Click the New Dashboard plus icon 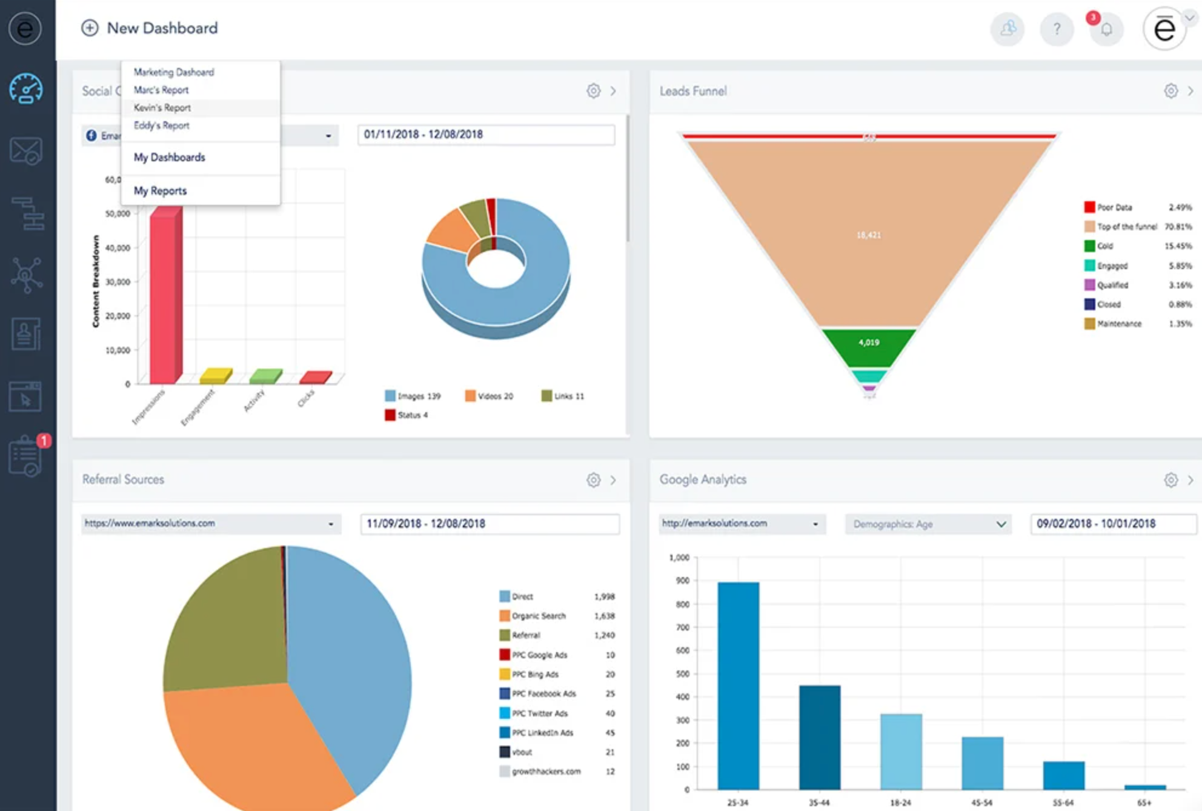[90, 28]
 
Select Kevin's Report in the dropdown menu [162, 108]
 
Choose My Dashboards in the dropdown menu [169, 158]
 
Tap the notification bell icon [1106, 29]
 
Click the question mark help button [1057, 29]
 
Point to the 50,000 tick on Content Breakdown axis [118, 214]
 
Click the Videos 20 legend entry [489, 396]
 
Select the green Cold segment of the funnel [869, 345]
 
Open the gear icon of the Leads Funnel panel [1170, 91]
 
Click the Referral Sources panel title [123, 479]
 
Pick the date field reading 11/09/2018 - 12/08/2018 [490, 524]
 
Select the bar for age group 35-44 [819, 736]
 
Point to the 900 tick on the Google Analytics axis [683, 581]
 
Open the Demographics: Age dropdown [928, 524]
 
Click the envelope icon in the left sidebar [26, 151]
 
